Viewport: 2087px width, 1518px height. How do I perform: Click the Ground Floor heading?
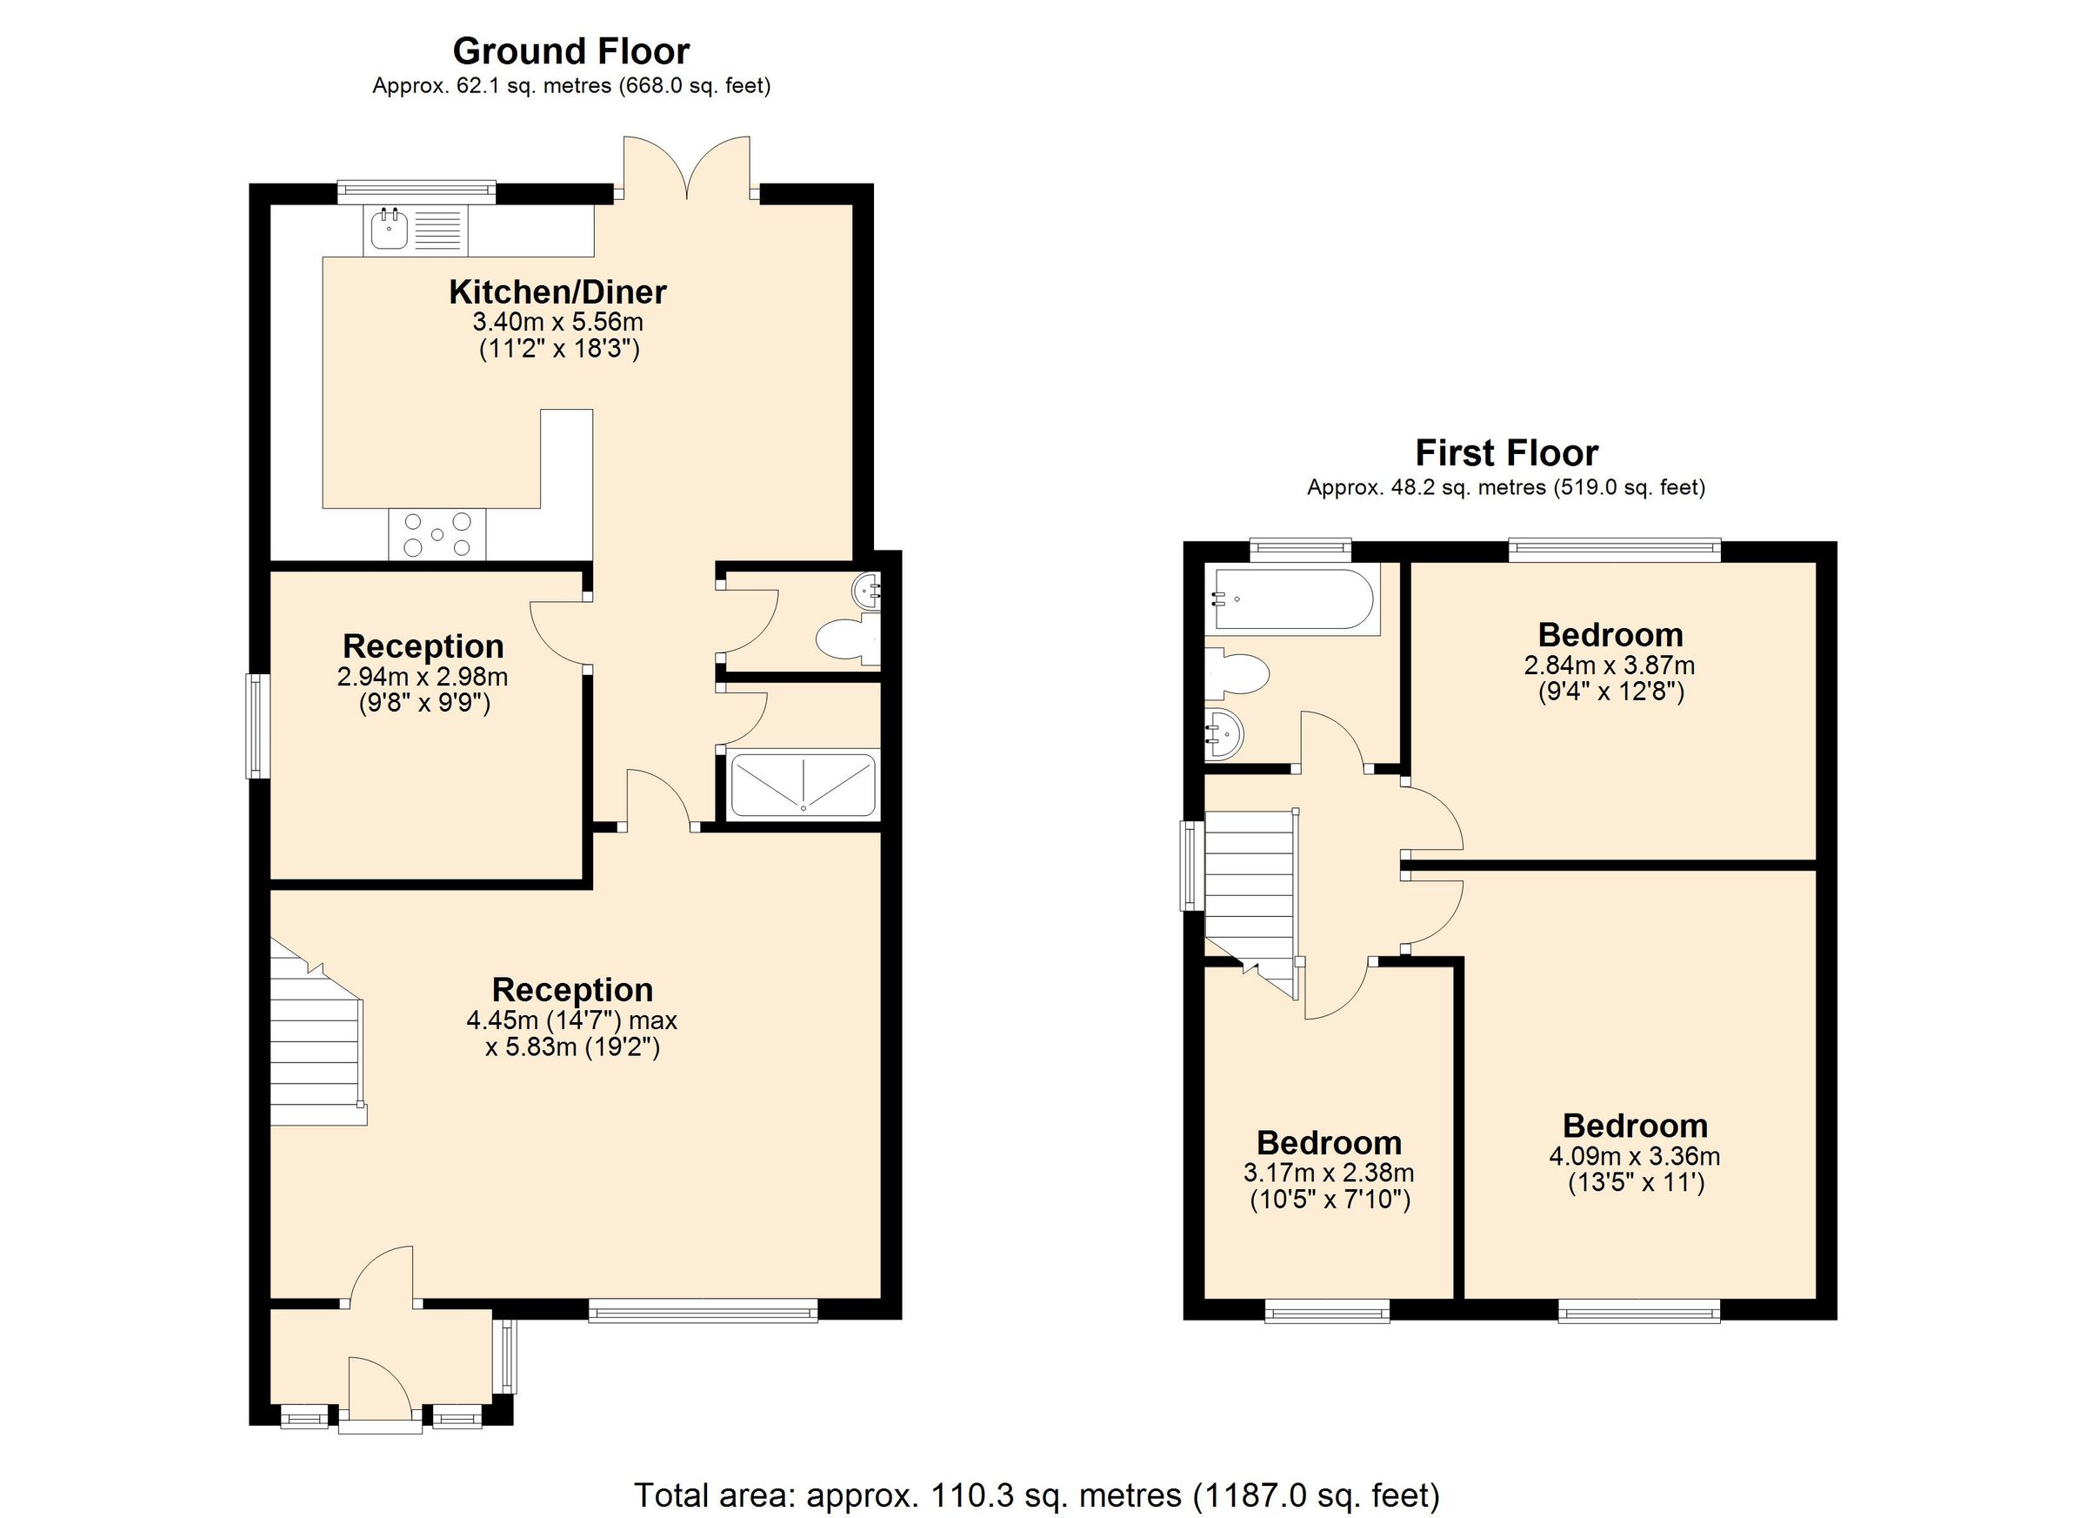tap(570, 51)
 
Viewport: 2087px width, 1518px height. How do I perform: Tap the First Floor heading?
tap(1505, 454)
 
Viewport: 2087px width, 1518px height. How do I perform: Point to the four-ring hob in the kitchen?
tap(437, 534)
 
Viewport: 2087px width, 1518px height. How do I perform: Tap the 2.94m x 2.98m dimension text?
tap(423, 678)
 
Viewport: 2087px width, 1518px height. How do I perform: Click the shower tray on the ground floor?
tap(803, 786)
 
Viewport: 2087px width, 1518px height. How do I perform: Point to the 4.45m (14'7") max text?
tap(571, 1020)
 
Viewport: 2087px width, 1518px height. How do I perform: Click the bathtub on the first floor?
tap(1293, 599)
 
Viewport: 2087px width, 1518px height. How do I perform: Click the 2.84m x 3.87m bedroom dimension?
tap(1610, 665)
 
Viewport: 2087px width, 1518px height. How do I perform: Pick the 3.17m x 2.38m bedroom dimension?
tap(1329, 1173)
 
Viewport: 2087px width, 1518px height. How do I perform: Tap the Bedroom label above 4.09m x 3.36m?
tap(1634, 1126)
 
